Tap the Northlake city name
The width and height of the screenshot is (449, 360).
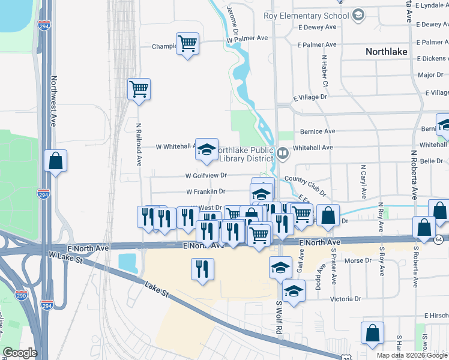click(x=387, y=52)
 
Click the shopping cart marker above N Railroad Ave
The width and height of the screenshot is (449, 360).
click(x=139, y=89)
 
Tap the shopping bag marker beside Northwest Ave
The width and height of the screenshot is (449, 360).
click(x=56, y=161)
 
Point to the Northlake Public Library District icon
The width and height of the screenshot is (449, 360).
click(x=283, y=154)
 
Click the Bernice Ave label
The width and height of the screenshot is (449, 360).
click(x=321, y=131)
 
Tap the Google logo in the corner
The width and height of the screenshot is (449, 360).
click(x=20, y=353)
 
